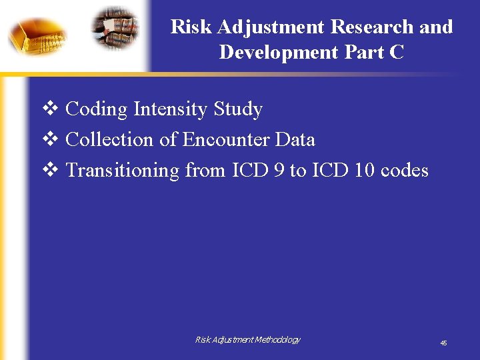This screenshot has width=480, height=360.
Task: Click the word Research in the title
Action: [x=375, y=27]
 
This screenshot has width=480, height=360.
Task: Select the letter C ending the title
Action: [x=397, y=52]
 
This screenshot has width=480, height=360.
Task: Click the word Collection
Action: [x=109, y=139]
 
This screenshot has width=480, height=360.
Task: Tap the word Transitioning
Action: [x=123, y=171]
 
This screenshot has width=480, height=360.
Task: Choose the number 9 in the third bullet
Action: [x=279, y=170]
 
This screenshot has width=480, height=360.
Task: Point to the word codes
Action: [x=404, y=170]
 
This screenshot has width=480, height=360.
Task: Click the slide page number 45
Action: [x=443, y=343]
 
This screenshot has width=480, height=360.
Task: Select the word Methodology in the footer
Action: [x=275, y=340]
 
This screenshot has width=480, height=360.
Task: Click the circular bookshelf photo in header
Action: [x=115, y=28]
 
